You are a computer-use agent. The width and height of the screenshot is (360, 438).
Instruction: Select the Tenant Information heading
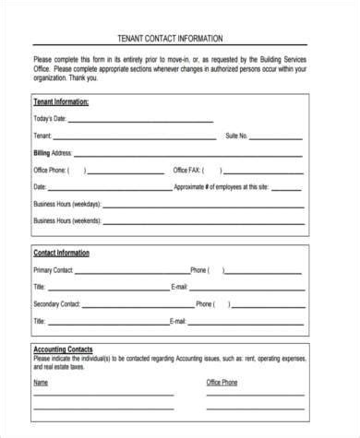[x=61, y=101]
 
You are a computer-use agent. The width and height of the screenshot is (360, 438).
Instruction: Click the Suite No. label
[x=237, y=136]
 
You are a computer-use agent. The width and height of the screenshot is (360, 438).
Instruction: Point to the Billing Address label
[x=53, y=152]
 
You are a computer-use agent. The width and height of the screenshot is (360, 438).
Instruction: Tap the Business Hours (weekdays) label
[x=67, y=204]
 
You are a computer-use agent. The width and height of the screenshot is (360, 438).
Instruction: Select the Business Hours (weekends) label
[x=67, y=220]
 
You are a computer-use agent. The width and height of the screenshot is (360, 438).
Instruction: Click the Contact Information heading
[x=61, y=253]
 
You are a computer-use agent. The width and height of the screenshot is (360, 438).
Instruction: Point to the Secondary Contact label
[x=59, y=303]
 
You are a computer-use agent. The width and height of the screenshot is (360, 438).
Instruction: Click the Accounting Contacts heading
[x=62, y=350]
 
